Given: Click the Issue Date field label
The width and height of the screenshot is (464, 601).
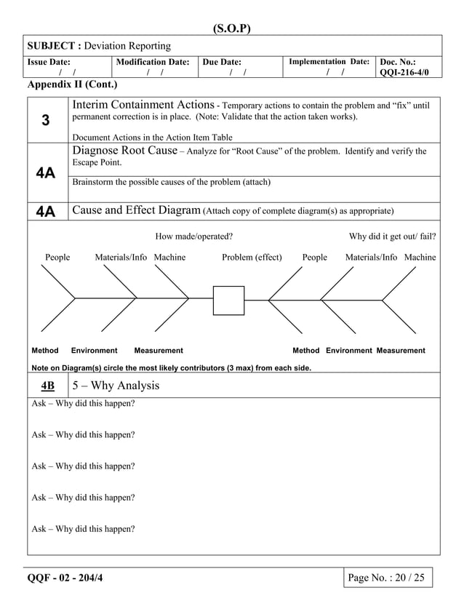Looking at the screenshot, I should pyautogui.click(x=49, y=63).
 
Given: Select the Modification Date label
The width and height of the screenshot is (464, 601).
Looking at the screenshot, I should pyautogui.click(x=153, y=63).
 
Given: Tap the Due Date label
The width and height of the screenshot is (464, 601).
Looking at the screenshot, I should pyautogui.click(x=222, y=63).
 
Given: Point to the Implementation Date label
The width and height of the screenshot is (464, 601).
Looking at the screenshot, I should pyautogui.click(x=329, y=62).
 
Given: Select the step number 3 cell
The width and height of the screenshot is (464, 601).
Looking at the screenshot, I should pyautogui.click(x=46, y=121).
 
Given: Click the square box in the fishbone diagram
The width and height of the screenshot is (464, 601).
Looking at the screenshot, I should pyautogui.click(x=228, y=300).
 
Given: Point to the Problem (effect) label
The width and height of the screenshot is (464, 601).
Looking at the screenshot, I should pyautogui.click(x=252, y=258).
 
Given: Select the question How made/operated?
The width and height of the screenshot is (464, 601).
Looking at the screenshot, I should pyautogui.click(x=194, y=236).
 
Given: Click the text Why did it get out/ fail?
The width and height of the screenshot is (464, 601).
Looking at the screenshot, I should pyautogui.click(x=392, y=236).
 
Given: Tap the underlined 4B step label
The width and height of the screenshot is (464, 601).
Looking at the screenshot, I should pyautogui.click(x=47, y=386).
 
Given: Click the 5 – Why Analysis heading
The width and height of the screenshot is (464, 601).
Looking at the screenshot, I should pyautogui.click(x=115, y=386).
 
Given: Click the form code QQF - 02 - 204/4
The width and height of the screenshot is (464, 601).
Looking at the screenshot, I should pyautogui.click(x=71, y=578).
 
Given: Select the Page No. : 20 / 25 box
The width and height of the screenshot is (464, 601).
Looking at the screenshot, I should pyautogui.click(x=387, y=578).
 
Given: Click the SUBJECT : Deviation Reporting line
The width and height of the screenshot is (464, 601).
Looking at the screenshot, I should pyautogui.click(x=100, y=46).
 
